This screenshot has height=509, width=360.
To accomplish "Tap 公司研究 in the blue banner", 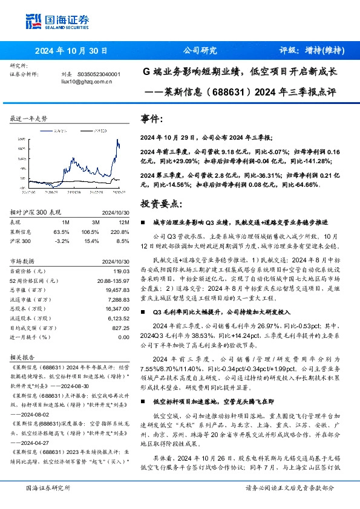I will [200, 51].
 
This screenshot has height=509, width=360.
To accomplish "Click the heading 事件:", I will [151, 120].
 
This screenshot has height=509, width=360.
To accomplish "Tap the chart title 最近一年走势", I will [28, 118].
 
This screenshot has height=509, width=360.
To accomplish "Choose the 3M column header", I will [92, 222].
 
